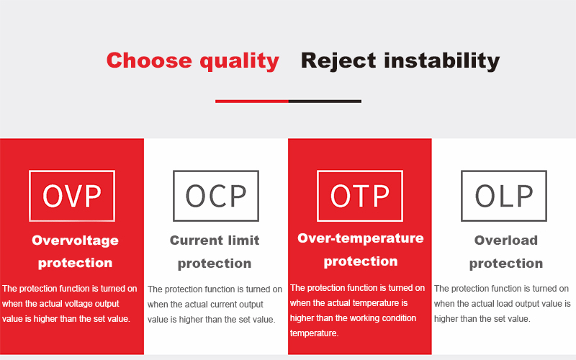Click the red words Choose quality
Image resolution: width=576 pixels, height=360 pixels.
click(193, 61)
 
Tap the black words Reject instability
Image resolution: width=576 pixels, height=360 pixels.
click(400, 61)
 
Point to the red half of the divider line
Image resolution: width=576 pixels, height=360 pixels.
click(252, 101)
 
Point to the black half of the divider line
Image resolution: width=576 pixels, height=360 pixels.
click(325, 101)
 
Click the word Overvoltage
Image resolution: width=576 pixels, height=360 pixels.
click(76, 240)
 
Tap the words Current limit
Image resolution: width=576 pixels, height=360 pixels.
click(215, 240)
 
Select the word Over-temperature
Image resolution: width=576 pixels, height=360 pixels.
click(361, 238)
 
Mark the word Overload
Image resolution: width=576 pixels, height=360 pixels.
click(506, 240)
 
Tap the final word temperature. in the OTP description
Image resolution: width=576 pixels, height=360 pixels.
click(314, 333)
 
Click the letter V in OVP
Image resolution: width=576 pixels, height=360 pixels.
click(72, 196)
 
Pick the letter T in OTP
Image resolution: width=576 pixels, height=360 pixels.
click(360, 196)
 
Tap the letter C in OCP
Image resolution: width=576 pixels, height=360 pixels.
click(217, 196)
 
